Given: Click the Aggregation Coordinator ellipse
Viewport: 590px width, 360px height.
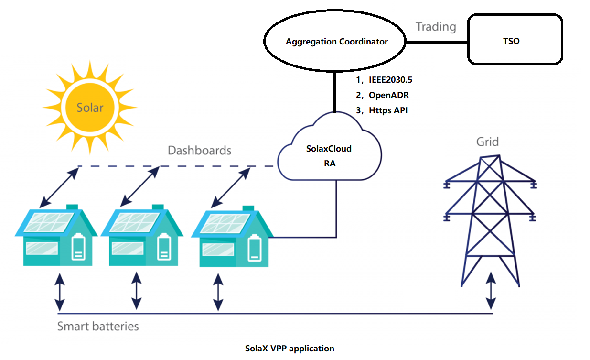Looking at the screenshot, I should click(337, 42).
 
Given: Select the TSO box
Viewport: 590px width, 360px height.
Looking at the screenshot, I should click(515, 40).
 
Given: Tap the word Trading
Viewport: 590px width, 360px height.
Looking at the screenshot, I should click(436, 27).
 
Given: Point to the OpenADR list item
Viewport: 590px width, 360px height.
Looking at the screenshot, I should click(388, 95).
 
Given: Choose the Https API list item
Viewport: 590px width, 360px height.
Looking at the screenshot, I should click(388, 110).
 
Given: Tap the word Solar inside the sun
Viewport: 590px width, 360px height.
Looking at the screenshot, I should click(90, 107).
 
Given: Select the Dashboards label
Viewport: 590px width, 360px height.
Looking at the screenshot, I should click(199, 151).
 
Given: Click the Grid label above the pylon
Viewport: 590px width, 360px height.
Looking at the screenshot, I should click(487, 142).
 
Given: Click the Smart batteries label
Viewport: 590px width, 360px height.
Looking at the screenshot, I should click(98, 327).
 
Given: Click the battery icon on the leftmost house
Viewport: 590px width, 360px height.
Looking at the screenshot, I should click(78, 248).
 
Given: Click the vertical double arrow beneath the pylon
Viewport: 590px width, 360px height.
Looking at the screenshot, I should click(491, 292).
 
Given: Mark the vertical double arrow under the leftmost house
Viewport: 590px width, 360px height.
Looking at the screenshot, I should click(59, 292).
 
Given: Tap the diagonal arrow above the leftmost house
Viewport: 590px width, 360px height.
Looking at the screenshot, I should click(58, 187).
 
